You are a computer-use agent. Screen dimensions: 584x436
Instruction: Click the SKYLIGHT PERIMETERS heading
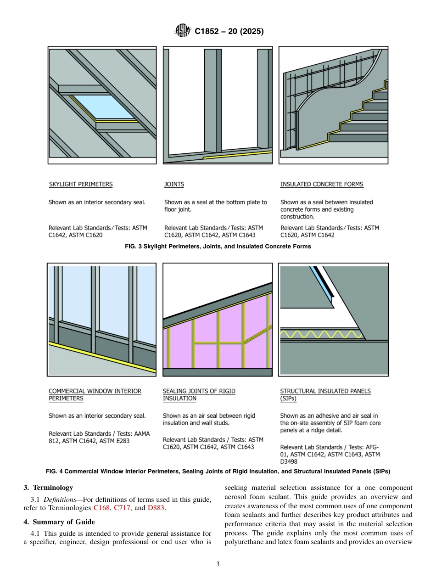(80, 185)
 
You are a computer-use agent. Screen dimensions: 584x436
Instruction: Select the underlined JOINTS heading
(174, 185)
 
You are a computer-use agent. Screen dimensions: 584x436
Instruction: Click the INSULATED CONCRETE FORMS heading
(321, 185)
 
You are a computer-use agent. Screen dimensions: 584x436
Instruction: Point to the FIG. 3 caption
(218, 247)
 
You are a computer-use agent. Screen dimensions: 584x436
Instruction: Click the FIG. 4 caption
(218, 471)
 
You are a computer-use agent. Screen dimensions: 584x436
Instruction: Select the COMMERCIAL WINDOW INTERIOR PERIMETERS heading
(95, 395)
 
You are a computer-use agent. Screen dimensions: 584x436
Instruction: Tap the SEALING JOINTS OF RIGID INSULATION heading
(199, 395)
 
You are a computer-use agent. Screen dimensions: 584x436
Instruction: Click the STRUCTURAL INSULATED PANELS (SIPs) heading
(325, 395)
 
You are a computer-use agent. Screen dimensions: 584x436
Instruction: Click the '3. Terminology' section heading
(48, 488)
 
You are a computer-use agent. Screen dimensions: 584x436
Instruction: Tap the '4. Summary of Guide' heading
(59, 522)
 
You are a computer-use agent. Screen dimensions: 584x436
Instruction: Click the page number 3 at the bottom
(218, 564)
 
